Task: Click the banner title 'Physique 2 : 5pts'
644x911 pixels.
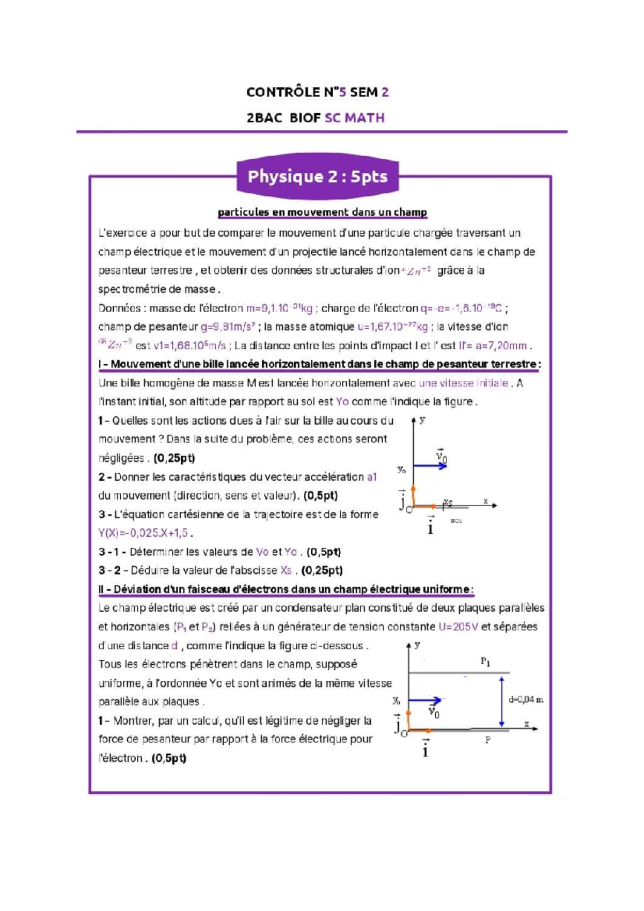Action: [317, 177]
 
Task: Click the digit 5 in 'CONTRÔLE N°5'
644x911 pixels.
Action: [342, 92]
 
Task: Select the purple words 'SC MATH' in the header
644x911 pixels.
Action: [354, 118]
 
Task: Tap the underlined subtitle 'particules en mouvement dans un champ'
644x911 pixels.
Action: [322, 212]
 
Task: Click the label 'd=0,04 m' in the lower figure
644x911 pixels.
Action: [525, 700]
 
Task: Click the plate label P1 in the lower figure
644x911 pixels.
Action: [485, 662]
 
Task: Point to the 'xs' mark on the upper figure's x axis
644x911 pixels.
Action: [448, 502]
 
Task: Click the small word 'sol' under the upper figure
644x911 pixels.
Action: [456, 521]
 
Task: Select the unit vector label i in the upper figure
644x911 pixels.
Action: [430, 526]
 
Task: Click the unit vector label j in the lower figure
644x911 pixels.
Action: [398, 725]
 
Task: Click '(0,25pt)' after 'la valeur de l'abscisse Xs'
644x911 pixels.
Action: [322, 570]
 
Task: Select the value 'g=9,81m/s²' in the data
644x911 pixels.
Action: [228, 327]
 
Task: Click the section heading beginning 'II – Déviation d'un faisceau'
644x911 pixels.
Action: [286, 590]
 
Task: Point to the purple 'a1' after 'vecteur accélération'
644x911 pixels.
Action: [372, 477]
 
